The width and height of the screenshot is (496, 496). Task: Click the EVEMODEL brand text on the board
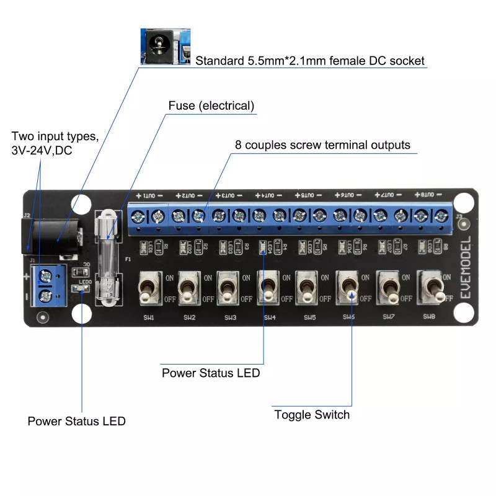click(x=466, y=267)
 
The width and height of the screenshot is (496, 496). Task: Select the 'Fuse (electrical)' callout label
click(x=211, y=105)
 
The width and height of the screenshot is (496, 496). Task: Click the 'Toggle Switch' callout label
click(x=312, y=414)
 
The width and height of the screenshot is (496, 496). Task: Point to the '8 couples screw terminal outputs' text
click(x=322, y=145)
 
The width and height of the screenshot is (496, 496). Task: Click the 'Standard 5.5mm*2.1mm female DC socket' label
click(x=310, y=61)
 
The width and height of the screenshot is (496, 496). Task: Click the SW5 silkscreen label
click(x=309, y=317)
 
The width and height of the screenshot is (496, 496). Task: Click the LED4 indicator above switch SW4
click(x=262, y=249)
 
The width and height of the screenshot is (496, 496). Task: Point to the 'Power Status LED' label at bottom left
click(x=76, y=421)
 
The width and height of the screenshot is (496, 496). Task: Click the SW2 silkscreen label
click(x=188, y=317)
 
